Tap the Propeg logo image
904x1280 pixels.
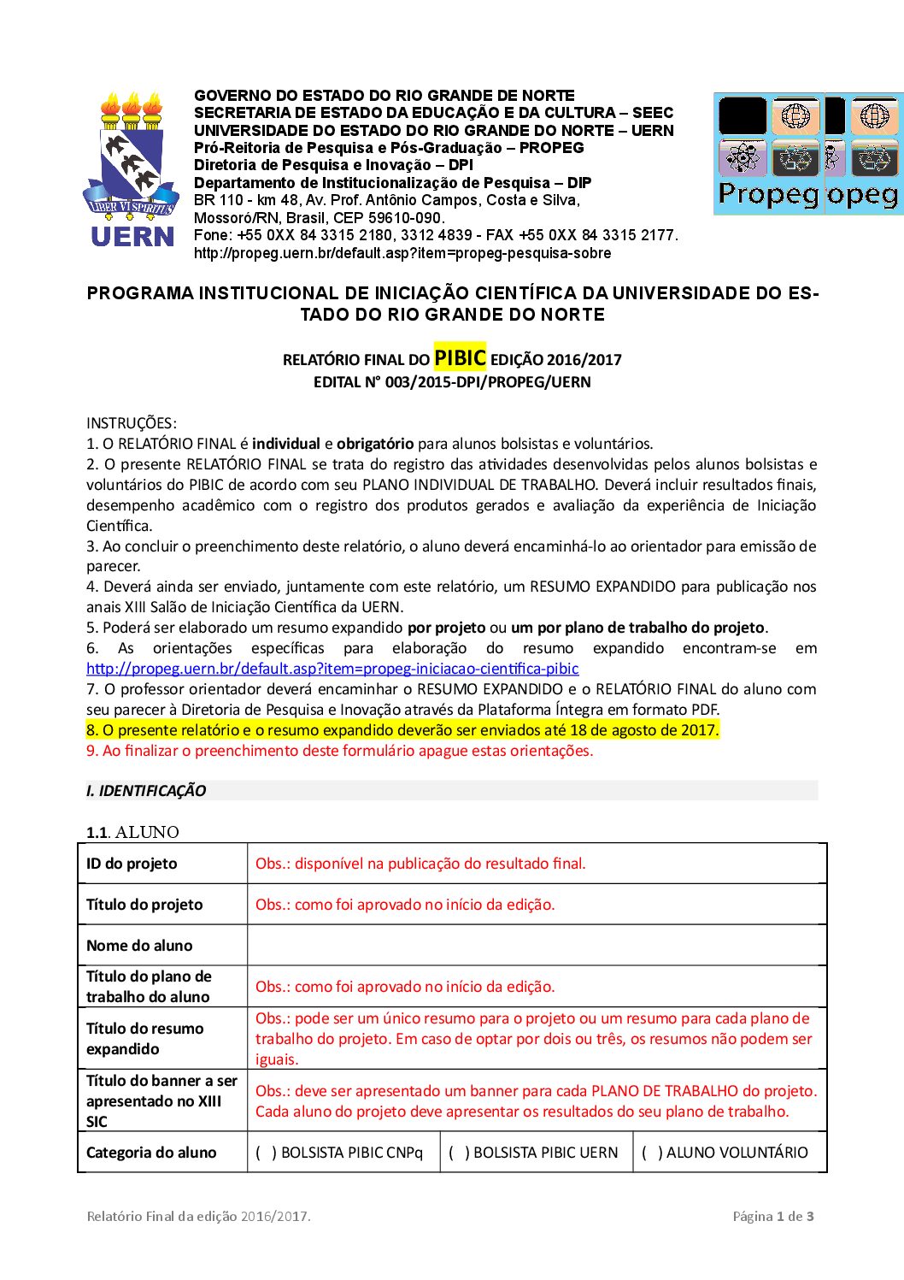click(x=807, y=154)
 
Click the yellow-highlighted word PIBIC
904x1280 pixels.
click(x=460, y=357)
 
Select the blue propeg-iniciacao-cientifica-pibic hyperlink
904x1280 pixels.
click(x=332, y=669)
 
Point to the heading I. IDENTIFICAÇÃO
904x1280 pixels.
click(x=146, y=791)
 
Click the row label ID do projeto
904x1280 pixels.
click(x=132, y=864)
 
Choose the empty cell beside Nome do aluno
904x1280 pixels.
click(x=537, y=945)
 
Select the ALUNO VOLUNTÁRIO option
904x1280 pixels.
click(x=649, y=1153)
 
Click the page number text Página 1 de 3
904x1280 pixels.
click(x=772, y=1216)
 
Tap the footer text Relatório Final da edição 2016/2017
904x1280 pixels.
click(x=198, y=1216)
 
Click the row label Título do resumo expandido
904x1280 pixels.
click(x=145, y=1039)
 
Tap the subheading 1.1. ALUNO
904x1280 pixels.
click(x=132, y=832)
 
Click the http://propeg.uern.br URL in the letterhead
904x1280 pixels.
click(x=402, y=253)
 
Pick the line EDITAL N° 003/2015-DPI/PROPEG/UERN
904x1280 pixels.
click(x=452, y=382)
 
